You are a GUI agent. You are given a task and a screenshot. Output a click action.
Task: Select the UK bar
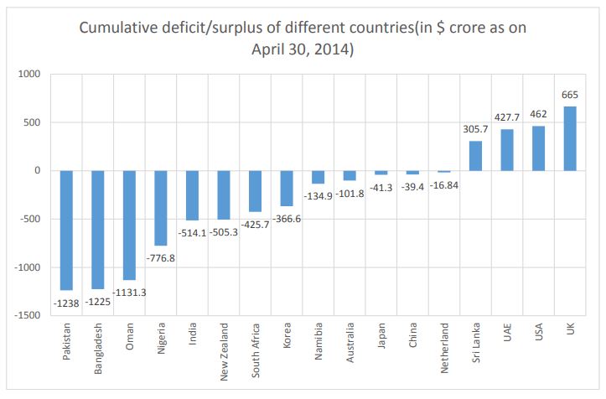pos(570,138)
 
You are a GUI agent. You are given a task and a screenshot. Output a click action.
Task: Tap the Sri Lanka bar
pos(475,156)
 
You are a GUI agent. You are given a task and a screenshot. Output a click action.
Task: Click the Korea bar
pos(287,188)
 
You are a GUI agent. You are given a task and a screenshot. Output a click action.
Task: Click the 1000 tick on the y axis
pos(28,74)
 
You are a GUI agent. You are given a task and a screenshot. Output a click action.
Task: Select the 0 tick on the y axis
pos(37,170)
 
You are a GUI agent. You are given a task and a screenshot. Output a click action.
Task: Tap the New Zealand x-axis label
pos(224,353)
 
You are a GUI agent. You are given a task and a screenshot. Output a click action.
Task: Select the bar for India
pos(192,195)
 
